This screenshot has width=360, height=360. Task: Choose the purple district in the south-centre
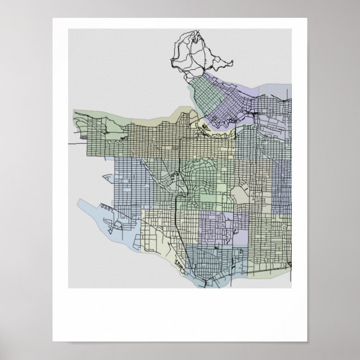tap(221, 226)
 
